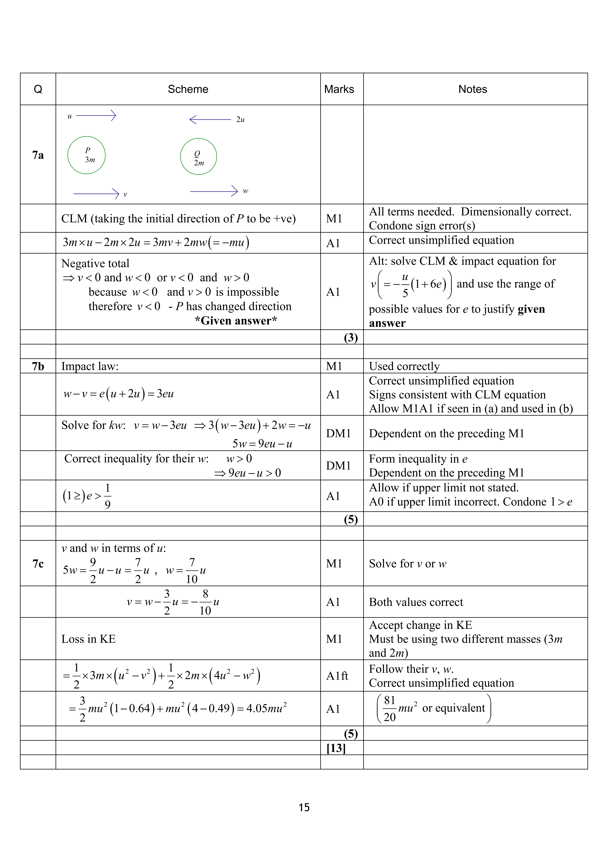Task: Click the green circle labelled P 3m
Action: pyautogui.click(x=86, y=155)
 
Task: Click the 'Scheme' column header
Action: pyautogui.click(x=188, y=89)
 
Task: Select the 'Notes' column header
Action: pyautogui.click(x=473, y=89)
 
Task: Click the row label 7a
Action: pyautogui.click(x=38, y=155)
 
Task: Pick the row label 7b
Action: pyautogui.click(x=38, y=366)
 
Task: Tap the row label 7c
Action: pyautogui.click(x=38, y=563)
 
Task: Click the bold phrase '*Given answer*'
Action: pyautogui.click(x=236, y=321)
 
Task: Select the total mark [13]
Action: pyautogui.click(x=336, y=748)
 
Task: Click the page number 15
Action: pyautogui.click(x=304, y=807)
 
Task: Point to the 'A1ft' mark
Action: pyautogui.click(x=337, y=676)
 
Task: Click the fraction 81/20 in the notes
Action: pyautogui.click(x=390, y=709)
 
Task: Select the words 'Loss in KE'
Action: pyautogui.click(x=88, y=639)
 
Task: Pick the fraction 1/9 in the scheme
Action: pyautogui.click(x=107, y=496)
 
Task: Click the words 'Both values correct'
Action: pyautogui.click(x=416, y=602)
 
